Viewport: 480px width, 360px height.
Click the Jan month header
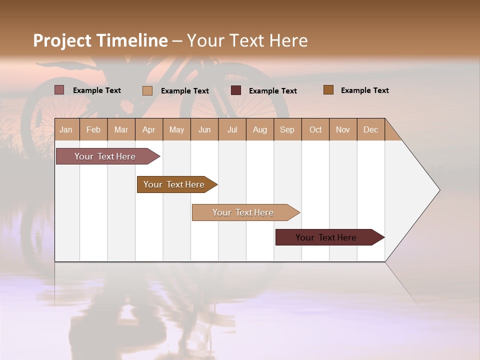[x=66, y=129]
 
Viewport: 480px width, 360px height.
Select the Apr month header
[x=149, y=129]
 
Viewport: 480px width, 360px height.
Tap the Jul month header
[x=232, y=129]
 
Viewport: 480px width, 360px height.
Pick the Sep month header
[x=287, y=129]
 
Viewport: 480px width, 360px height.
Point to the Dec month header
[x=370, y=129]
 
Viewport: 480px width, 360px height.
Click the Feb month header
[x=93, y=129]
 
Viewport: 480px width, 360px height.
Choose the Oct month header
[x=315, y=129]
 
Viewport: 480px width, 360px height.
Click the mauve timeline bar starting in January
[x=105, y=156]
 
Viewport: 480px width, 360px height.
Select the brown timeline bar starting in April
[x=174, y=184]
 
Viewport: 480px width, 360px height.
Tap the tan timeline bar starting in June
[x=243, y=212]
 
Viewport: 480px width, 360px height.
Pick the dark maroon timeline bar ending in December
[x=326, y=237]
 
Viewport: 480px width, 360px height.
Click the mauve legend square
[x=59, y=90]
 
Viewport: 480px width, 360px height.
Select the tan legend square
[x=147, y=90]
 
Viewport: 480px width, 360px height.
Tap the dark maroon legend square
[x=236, y=90]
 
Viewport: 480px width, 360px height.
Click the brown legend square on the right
[x=328, y=90]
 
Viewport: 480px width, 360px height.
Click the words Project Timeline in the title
[x=100, y=40]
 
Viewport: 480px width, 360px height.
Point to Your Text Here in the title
[x=247, y=40]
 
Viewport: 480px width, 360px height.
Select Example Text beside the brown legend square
[x=364, y=90]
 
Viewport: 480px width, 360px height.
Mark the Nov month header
[x=343, y=129]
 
